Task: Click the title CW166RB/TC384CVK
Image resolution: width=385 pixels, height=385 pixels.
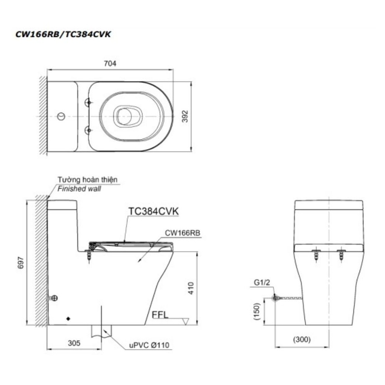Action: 63,34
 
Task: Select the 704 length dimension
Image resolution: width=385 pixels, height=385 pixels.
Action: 110,63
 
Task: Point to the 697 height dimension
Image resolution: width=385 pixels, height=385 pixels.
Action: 21,262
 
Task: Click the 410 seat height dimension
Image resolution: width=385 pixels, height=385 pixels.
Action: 191,288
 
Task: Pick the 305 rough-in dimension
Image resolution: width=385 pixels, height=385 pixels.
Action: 74,343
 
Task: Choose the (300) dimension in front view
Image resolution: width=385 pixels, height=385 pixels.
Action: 302,339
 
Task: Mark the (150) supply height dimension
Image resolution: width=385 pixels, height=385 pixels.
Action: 256,311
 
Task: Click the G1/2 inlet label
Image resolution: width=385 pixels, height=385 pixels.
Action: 262,283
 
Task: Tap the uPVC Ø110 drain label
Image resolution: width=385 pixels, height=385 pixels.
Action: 149,345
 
